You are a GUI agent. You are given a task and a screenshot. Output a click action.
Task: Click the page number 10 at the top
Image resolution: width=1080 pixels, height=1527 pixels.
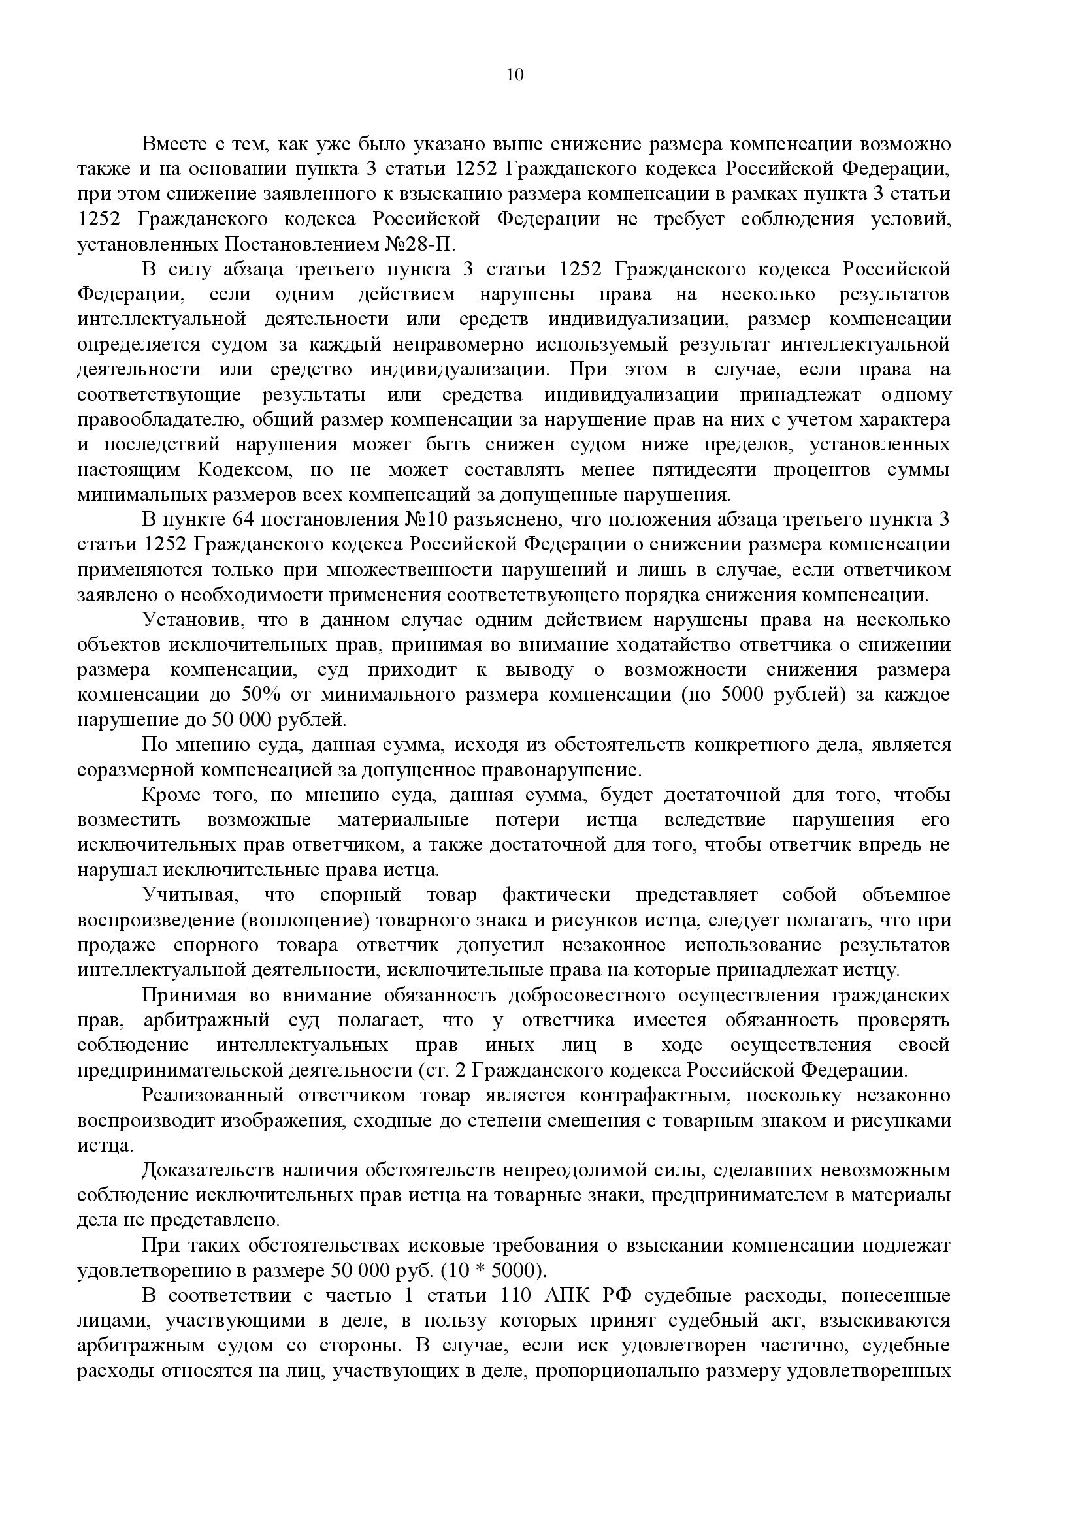tap(515, 74)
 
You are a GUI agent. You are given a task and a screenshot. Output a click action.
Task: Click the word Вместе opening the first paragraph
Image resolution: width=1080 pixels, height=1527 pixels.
tap(172, 144)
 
